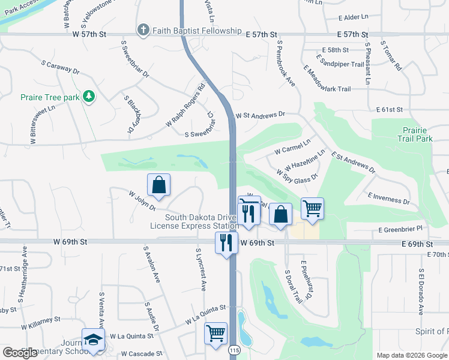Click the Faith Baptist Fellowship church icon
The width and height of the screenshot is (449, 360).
coord(143,30)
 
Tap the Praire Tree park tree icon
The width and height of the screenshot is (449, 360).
coord(89,96)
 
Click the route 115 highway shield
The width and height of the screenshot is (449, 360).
coord(233,349)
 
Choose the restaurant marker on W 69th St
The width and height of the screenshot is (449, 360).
coord(226,242)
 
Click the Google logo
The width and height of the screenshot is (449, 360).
coord(20,353)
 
